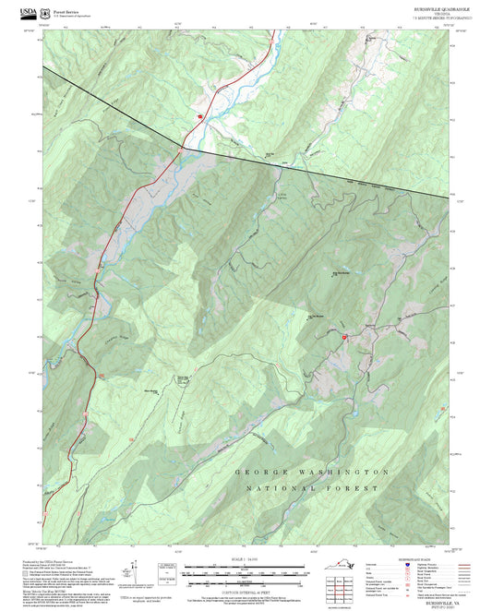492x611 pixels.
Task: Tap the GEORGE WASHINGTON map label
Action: (x=312, y=472)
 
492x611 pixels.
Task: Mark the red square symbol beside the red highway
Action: (x=199, y=116)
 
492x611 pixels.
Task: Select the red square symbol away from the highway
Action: (x=343, y=338)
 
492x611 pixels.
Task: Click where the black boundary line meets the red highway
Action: (x=182, y=146)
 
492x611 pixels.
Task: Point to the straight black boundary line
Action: (x=305, y=168)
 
